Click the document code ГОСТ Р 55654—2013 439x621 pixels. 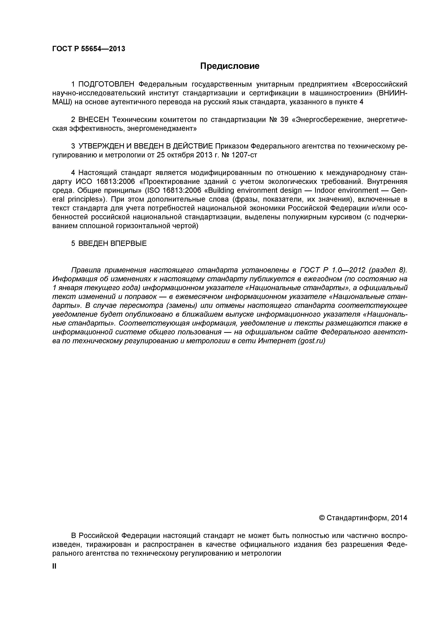pyautogui.click(x=89, y=49)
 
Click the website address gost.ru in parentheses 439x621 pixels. pyautogui.click(x=311, y=341)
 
